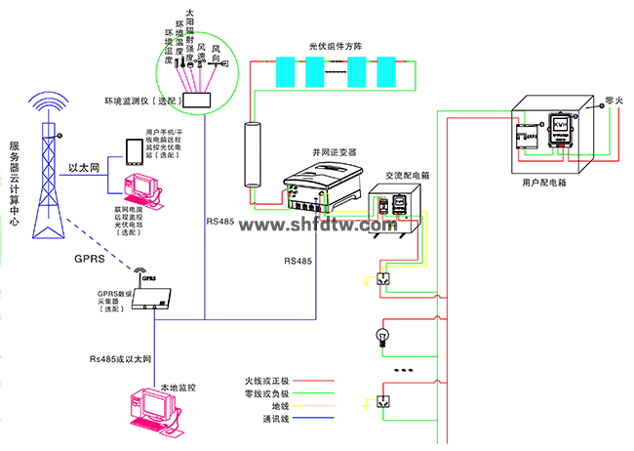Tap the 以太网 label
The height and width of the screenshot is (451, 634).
(x=85, y=168)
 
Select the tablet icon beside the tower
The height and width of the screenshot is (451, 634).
(x=132, y=150)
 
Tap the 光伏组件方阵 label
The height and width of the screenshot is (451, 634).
(x=336, y=46)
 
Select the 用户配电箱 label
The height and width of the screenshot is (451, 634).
(x=543, y=183)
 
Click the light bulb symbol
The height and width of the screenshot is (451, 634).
(x=382, y=339)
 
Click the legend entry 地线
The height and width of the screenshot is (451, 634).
(x=281, y=407)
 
